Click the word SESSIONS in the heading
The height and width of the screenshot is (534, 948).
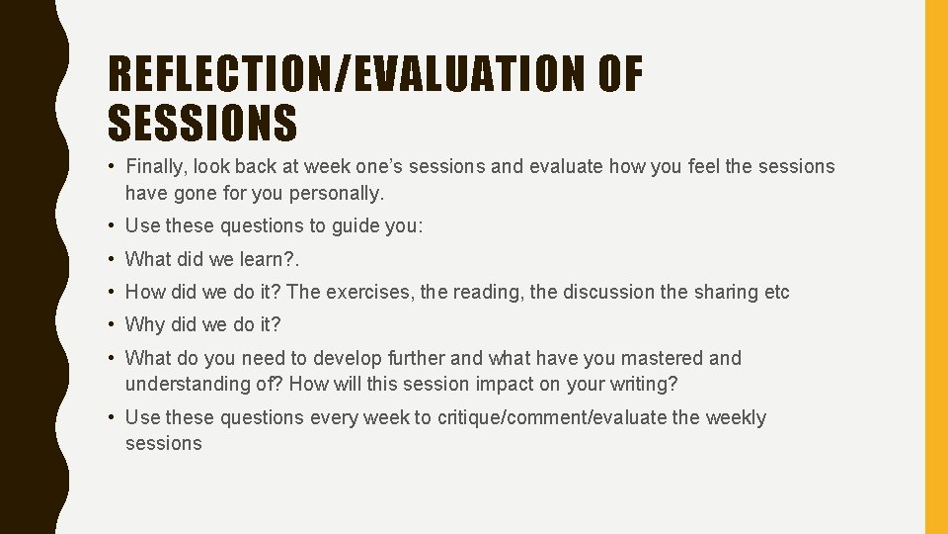[x=202, y=125]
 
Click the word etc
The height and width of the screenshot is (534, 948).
[x=774, y=292]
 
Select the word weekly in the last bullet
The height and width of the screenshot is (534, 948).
[x=736, y=417]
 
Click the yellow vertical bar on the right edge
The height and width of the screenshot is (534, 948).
[x=935, y=267]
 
